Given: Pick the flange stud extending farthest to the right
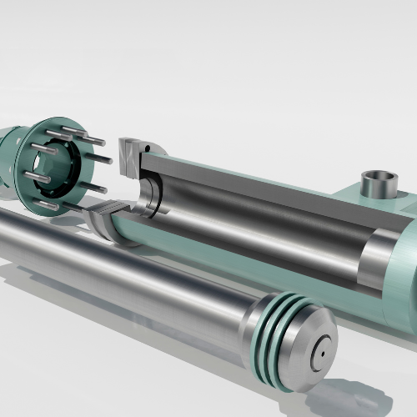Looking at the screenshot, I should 100,158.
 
